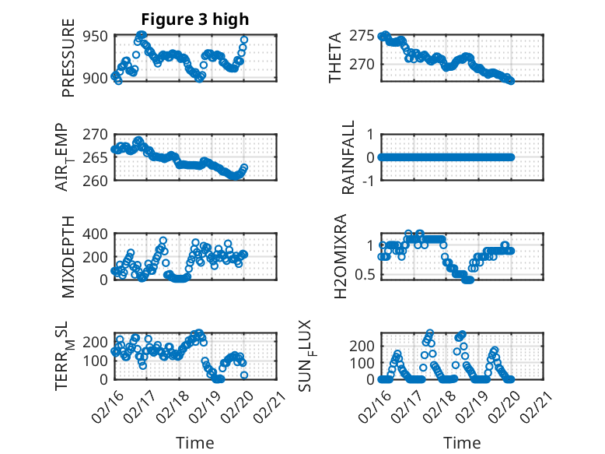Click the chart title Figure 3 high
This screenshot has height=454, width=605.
(x=195, y=19)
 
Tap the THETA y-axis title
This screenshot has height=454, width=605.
(x=336, y=58)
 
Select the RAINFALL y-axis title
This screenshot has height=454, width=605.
(x=349, y=157)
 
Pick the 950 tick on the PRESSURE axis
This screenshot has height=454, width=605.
(x=96, y=35)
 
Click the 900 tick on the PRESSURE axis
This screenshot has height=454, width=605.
(x=96, y=78)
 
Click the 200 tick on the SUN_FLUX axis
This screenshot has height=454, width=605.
(x=363, y=345)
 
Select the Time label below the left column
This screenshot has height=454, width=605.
(x=195, y=442)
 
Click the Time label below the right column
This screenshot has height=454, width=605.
(x=462, y=442)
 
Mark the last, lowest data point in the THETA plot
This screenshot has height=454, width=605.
(x=511, y=80)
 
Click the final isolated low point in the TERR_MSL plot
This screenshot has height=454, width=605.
(x=244, y=375)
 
